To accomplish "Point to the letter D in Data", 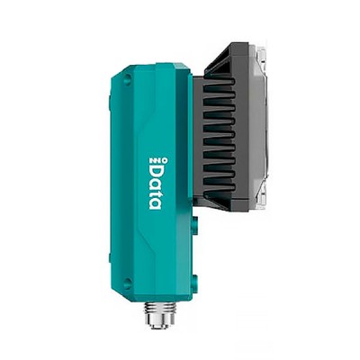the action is click(156, 170).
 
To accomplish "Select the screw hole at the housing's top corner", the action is click(127, 79).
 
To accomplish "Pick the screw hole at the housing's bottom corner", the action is click(127, 283).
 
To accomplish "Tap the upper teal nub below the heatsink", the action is click(195, 224).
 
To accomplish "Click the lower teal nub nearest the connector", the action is click(195, 283).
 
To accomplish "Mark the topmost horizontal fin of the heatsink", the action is click(219, 82).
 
